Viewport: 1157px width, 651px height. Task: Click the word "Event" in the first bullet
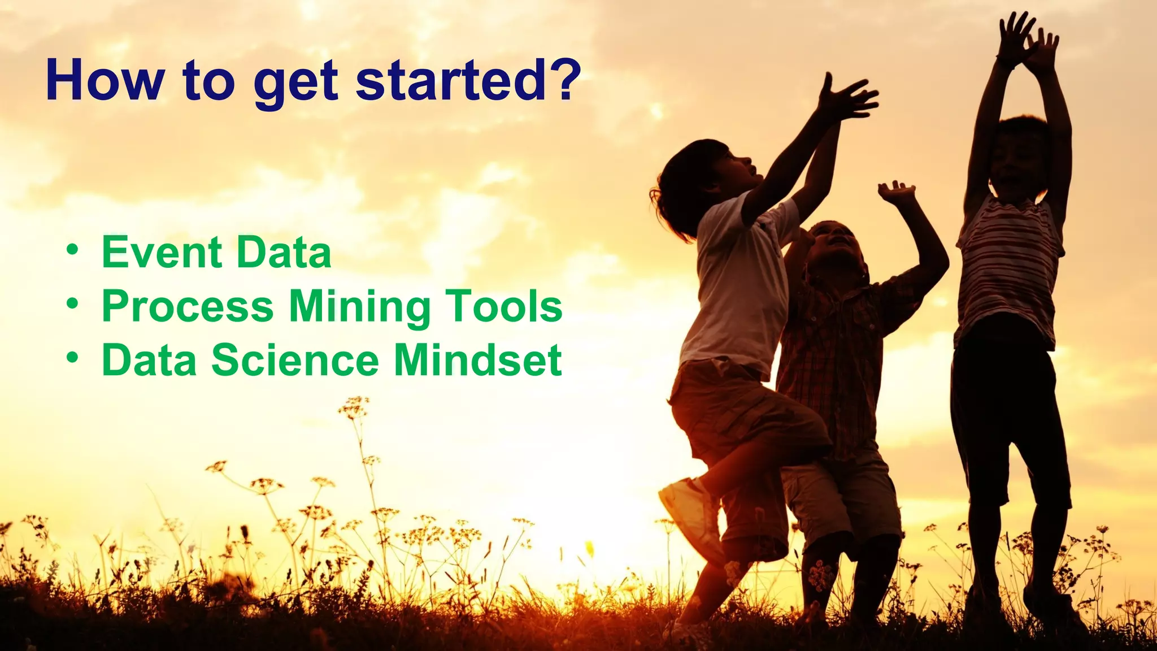pos(162,253)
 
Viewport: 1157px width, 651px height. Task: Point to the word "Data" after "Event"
pos(284,253)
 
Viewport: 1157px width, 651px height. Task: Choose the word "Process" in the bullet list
pos(188,307)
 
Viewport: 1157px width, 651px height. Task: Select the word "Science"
pos(295,361)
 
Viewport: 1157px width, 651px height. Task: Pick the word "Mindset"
pos(478,361)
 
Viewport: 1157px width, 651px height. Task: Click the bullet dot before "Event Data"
pos(72,249)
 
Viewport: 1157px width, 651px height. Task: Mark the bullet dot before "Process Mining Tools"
pos(72,303)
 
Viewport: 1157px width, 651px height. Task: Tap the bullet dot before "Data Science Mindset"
pos(72,357)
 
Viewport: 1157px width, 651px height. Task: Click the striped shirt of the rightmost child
pos(1008,266)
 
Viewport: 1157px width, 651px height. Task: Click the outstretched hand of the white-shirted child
pos(847,99)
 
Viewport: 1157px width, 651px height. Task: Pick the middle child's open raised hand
pos(895,192)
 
